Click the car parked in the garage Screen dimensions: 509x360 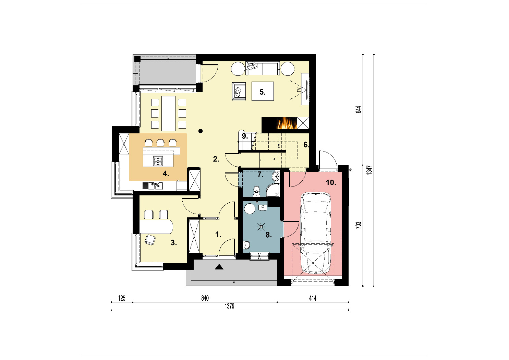(x=316, y=233)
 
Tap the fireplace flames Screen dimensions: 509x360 (x=287, y=123)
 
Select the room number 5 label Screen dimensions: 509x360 (x=263, y=92)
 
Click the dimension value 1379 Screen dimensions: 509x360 (x=230, y=306)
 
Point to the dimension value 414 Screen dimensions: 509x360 (x=313, y=298)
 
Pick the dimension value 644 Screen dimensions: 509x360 (x=358, y=109)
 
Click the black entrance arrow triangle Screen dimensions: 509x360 (x=219, y=267)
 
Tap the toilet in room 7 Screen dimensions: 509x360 (x=256, y=191)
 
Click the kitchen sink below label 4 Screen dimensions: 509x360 (x=152, y=186)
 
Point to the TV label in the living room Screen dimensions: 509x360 (x=299, y=90)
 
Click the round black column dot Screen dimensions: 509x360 (x=201, y=131)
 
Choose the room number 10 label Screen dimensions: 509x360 (x=331, y=182)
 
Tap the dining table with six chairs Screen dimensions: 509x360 (x=168, y=113)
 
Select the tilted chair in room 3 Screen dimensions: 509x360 (x=150, y=240)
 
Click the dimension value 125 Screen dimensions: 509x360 (x=122, y=298)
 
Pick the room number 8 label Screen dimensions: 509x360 (x=269, y=235)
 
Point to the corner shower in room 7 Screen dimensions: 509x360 (x=272, y=190)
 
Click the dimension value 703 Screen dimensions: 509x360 (x=358, y=225)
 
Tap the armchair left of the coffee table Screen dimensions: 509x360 (x=239, y=91)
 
